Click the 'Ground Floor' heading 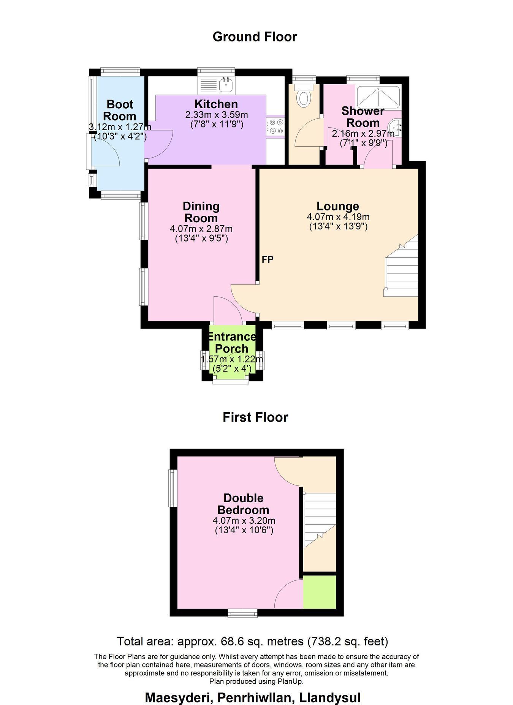pos(255,37)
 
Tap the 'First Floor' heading pos(255,417)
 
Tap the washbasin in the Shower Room pos(396,127)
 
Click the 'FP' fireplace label pos(268,259)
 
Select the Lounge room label pos(338,206)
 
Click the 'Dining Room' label pos(201,212)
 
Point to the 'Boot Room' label pos(120,110)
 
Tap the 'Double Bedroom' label pos(244,504)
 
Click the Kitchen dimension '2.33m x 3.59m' pos(216,114)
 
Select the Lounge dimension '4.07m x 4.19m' pos(338,217)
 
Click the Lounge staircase pos(401,266)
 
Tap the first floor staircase pos(320,520)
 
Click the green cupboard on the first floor pos(320,592)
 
